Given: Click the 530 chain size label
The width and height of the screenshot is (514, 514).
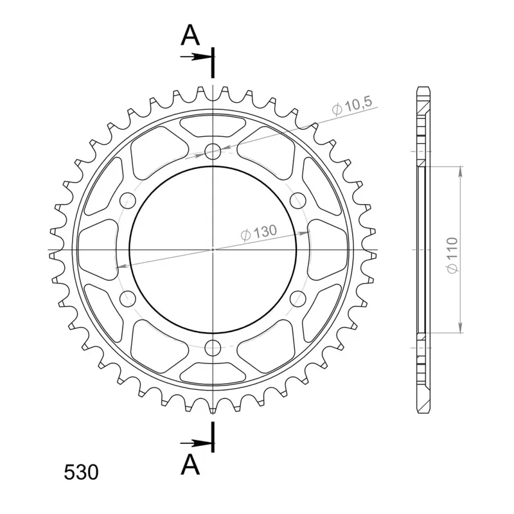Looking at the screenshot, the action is pyautogui.click(x=81, y=472).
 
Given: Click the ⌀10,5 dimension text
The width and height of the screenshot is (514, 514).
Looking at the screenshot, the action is pyautogui.click(x=351, y=106).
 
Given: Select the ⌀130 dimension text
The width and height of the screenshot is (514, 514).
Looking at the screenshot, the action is pyautogui.click(x=259, y=233).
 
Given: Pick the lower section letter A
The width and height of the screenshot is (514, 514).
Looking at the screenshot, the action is pyautogui.click(x=190, y=465).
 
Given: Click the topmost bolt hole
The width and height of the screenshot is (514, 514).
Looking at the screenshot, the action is pyautogui.click(x=213, y=152).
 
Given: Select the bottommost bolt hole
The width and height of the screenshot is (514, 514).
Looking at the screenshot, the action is pyautogui.click(x=213, y=348).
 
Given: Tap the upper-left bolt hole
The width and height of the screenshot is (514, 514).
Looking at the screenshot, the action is pyautogui.click(x=128, y=200).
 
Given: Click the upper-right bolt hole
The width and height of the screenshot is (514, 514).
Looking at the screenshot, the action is pyautogui.click(x=298, y=200).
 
